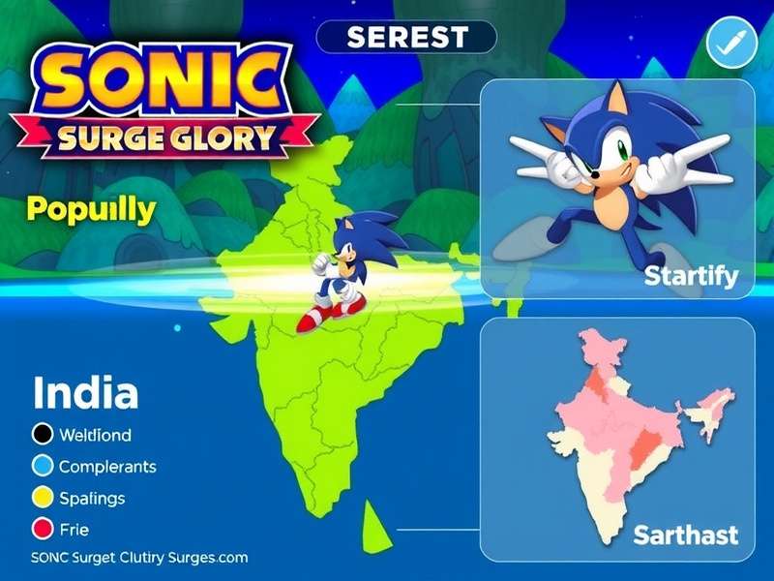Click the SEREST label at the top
tap(406, 38)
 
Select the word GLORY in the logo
tap(223, 138)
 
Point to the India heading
tap(85, 393)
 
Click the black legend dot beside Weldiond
tap(42, 435)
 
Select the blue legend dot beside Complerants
tap(42, 466)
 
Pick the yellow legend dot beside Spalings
tap(42, 498)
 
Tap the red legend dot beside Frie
tap(42, 529)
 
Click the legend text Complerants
tap(107, 466)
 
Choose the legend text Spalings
tap(92, 498)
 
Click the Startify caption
tap(691, 277)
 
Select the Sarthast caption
tap(685, 534)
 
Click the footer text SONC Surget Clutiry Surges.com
tap(139, 558)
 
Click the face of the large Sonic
tap(605, 159)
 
